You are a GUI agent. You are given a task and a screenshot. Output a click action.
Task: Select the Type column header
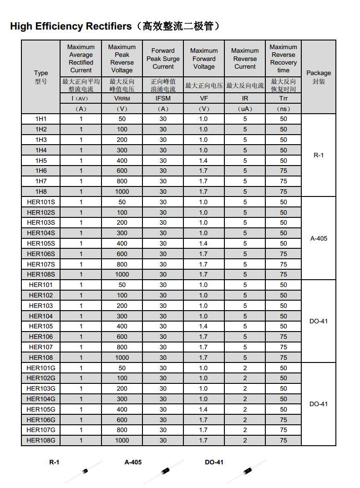pyautogui.click(x=41, y=77)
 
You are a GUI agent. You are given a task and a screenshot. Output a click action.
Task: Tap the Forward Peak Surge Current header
pyautogui.click(x=163, y=59)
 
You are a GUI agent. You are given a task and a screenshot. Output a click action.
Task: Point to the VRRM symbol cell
pyautogui.click(x=122, y=98)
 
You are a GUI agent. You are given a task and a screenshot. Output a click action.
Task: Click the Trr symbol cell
pyautogui.click(x=283, y=98)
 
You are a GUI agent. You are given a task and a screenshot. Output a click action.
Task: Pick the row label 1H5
pyautogui.click(x=41, y=161)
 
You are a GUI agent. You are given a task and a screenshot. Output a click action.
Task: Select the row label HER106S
pyautogui.click(x=41, y=254)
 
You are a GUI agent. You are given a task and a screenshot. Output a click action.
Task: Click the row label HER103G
pyautogui.click(x=41, y=388)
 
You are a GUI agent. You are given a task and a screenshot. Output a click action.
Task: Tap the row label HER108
pyautogui.click(x=41, y=357)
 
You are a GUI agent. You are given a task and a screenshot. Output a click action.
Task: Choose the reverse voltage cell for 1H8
pyautogui.click(x=122, y=191)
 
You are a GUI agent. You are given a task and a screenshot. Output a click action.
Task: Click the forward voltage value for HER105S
pyautogui.click(x=203, y=243)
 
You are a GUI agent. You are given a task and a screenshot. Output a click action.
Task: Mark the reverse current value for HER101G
pyautogui.click(x=245, y=368)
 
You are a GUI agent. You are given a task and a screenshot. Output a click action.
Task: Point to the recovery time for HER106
pyautogui.click(x=283, y=337)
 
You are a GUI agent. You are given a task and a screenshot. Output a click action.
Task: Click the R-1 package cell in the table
pyautogui.click(x=319, y=155)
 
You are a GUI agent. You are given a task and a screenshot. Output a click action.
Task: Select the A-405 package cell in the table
pyautogui.click(x=319, y=238)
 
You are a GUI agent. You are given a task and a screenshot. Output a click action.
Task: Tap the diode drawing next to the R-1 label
pyautogui.click(x=84, y=472)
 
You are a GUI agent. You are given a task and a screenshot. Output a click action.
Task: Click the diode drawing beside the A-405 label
pyautogui.click(x=164, y=472)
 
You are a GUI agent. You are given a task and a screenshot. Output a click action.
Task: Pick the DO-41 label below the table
pyautogui.click(x=214, y=462)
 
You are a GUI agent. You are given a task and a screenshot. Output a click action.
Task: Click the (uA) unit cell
pyautogui.click(x=245, y=109)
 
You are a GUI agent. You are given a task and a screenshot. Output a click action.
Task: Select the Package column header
pyautogui.click(x=319, y=77)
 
